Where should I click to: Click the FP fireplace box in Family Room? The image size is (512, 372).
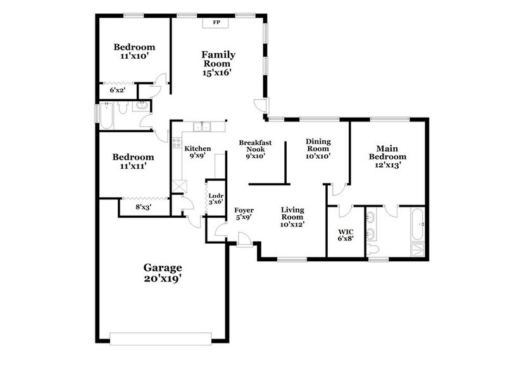(216, 23)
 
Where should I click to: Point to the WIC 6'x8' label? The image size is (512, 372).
(346, 235)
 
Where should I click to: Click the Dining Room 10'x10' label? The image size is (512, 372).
(319, 147)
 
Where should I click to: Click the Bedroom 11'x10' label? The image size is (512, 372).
(134, 51)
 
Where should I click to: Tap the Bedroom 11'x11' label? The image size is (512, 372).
(133, 161)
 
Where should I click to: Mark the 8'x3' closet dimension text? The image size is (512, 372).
(143, 206)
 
